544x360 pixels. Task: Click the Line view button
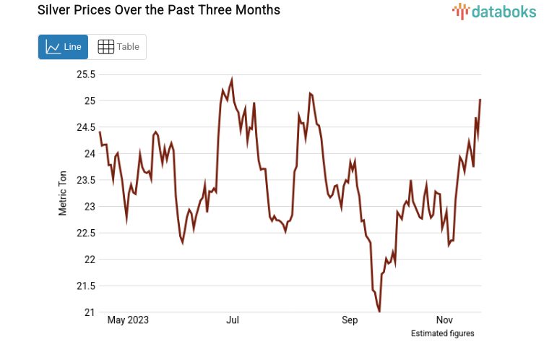[63, 47]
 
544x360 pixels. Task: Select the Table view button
[118, 47]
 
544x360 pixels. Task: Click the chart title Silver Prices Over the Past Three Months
[149, 10]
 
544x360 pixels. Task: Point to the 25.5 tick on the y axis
[85, 74]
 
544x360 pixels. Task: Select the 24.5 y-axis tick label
[85, 127]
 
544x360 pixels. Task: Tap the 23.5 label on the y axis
[85, 180]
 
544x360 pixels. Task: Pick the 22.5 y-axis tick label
[85, 233]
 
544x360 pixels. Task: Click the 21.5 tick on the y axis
[85, 286]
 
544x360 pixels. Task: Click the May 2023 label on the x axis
[128, 320]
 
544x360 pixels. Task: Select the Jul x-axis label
[233, 320]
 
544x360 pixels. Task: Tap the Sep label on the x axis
[350, 320]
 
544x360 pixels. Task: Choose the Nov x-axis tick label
[445, 320]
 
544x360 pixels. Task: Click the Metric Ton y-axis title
[63, 193]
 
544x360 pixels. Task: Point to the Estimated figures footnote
[442, 333]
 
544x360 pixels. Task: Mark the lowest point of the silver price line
[379, 312]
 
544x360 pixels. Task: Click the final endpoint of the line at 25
[480, 100]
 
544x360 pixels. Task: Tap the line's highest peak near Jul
[231, 80]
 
